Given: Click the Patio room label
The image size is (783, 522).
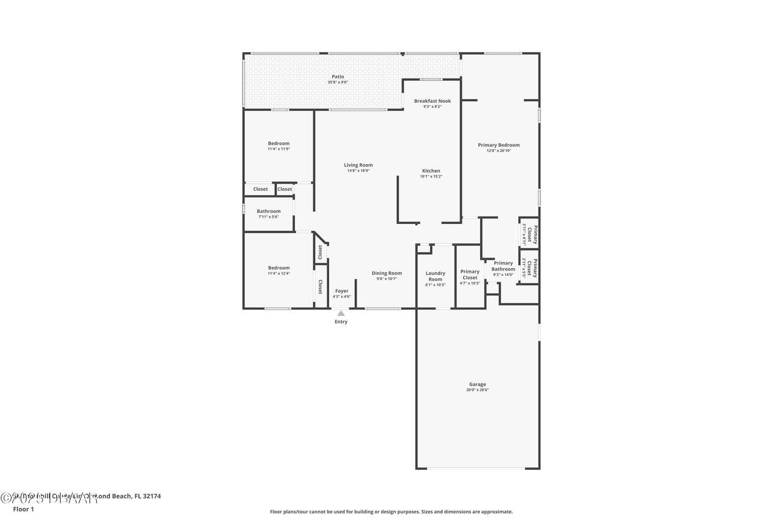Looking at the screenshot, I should pos(338,76).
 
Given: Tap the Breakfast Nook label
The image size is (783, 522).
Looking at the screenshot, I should pos(432,101).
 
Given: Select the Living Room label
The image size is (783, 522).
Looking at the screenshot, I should pos(358,165).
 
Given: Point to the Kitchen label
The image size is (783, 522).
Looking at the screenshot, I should pos(431,171).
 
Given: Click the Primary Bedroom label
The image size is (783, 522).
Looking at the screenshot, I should pos(499,145).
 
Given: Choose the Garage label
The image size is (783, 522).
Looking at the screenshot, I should pos(478,384).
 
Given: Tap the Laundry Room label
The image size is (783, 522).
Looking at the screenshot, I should pos(435,276).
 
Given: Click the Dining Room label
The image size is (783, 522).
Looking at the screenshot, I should pos(387,273).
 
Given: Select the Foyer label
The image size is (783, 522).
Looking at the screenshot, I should pos(341,291).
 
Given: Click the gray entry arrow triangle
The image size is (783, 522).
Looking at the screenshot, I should pos(341,313).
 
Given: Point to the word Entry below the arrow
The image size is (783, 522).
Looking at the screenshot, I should pos(341,322).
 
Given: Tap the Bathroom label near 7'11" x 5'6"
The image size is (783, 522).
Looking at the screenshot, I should pos(269,211).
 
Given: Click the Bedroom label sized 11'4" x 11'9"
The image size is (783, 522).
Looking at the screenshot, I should pos(278,143).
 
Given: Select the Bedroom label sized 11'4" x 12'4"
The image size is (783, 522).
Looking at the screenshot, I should pos(278,267).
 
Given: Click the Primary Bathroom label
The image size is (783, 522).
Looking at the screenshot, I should pos(503,266).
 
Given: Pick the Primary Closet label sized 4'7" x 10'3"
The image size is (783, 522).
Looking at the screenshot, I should pos(470,274).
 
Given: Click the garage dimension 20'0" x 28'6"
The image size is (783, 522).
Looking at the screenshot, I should pos(478,390).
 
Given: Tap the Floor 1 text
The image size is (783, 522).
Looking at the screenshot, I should pos(23,509).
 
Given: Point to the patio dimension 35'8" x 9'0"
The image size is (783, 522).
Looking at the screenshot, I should pos(338,82).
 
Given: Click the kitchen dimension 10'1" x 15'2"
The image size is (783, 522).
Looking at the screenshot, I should pos(431,176).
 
